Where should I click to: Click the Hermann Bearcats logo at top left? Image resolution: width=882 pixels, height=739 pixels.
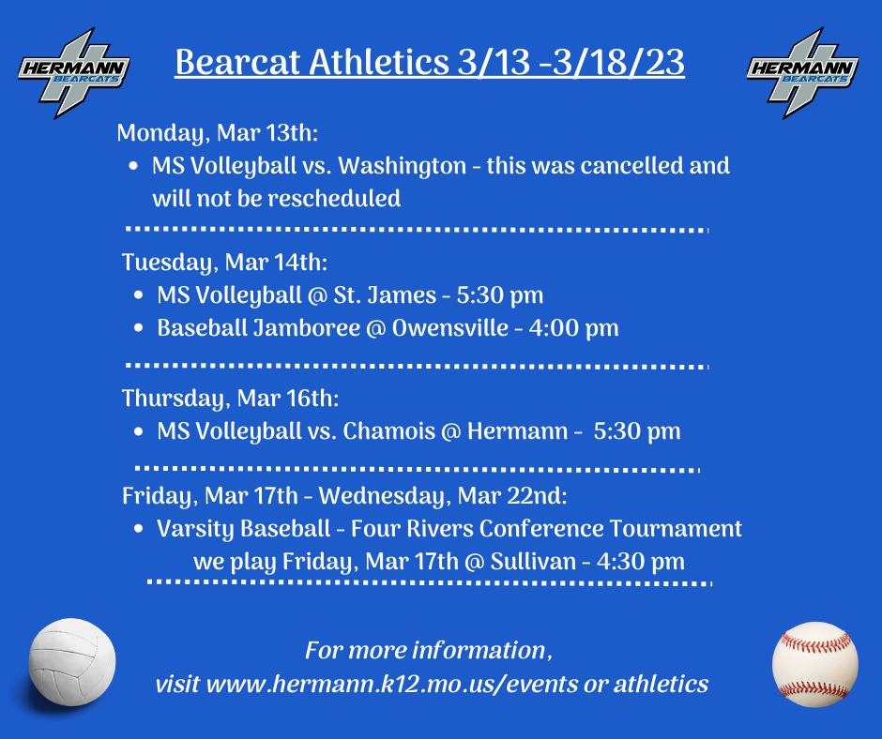(x=74, y=73)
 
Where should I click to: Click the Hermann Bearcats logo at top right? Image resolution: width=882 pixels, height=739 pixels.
(x=802, y=73)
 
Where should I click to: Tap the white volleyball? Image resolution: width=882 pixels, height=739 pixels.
(x=72, y=662)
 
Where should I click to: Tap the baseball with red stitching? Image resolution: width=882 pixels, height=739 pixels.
(x=815, y=664)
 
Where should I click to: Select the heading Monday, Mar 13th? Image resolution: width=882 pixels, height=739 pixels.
(x=217, y=133)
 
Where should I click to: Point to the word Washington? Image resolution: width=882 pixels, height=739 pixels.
(x=403, y=166)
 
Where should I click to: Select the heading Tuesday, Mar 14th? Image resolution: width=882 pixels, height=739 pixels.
(x=224, y=263)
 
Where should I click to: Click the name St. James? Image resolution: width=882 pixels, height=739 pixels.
(x=385, y=295)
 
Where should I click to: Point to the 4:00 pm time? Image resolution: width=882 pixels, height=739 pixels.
(x=573, y=328)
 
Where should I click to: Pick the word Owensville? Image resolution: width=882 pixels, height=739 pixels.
(x=450, y=328)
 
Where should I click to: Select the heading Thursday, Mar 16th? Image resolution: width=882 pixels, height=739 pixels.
(x=230, y=399)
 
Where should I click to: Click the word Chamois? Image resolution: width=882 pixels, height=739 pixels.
(x=389, y=431)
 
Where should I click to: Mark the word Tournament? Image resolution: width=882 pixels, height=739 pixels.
(x=677, y=529)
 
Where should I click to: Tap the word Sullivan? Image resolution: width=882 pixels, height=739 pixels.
(x=533, y=561)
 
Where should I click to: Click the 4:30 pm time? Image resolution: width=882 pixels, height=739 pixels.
(x=641, y=562)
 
